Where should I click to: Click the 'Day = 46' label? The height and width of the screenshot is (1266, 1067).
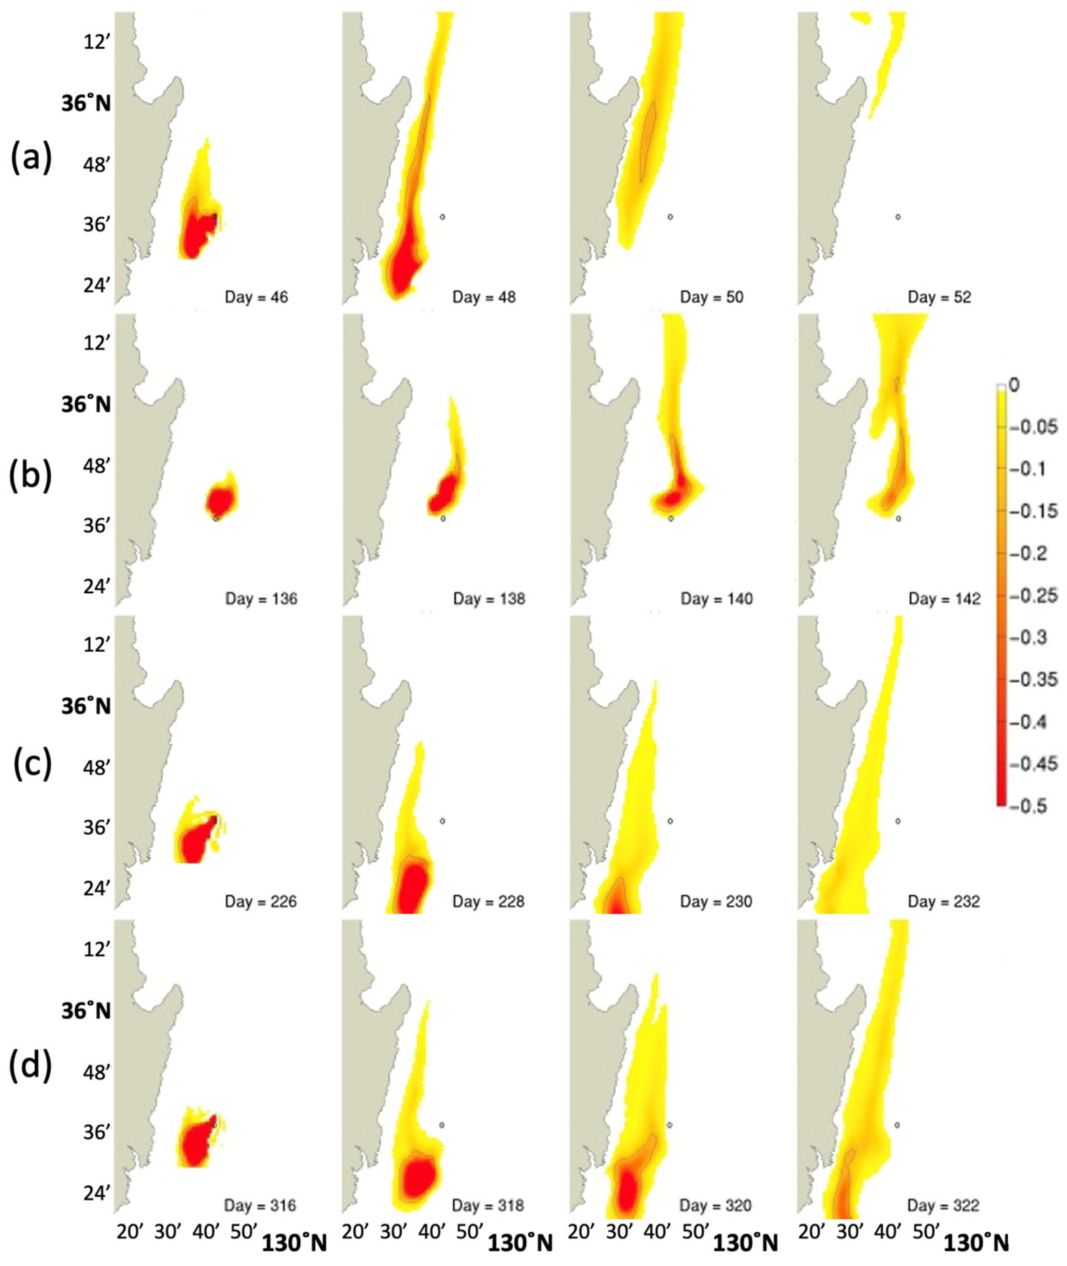pyautogui.click(x=256, y=297)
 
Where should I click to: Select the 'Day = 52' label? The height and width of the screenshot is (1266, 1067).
pyautogui.click(x=940, y=297)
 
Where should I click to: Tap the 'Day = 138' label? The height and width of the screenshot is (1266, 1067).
pyautogui.click(x=489, y=599)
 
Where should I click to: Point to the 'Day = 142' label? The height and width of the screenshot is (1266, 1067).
pyautogui.click(x=944, y=599)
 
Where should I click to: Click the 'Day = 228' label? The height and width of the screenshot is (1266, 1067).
pyautogui.click(x=488, y=902)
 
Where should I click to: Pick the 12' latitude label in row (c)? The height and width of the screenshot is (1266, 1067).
pyautogui.click(x=97, y=645)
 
